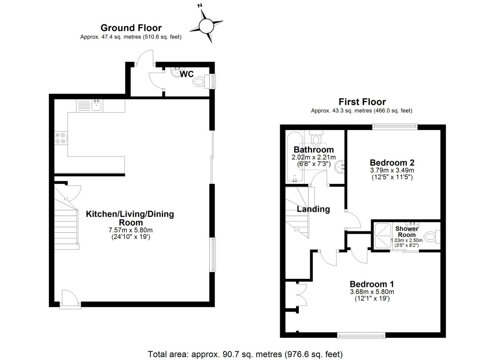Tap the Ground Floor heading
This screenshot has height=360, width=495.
click(131, 28)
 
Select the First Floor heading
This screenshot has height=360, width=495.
click(362, 102)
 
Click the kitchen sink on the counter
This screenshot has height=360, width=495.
click(97, 105)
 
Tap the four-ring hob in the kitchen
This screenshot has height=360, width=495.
click(61, 138)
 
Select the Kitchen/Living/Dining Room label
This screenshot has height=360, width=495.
click(130, 218)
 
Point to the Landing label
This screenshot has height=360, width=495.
click(313, 209)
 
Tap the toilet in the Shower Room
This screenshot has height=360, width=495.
click(431, 236)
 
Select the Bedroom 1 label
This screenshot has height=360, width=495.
click(372, 284)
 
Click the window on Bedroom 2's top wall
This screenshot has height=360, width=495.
click(394, 126)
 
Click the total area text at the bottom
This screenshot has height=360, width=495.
click(245, 353)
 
